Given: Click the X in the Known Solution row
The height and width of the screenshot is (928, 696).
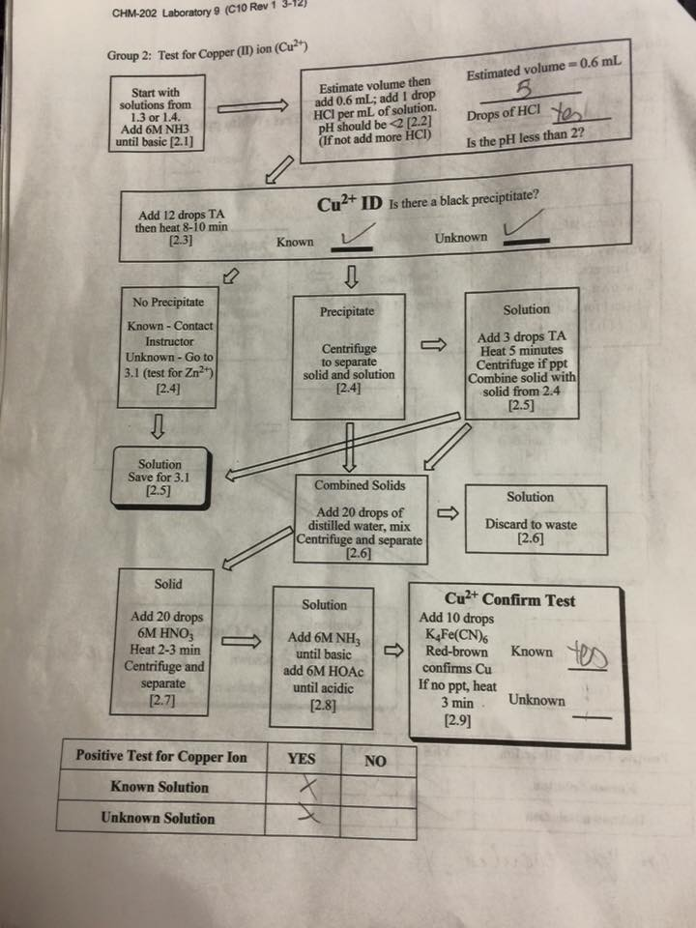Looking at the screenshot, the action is (307, 787).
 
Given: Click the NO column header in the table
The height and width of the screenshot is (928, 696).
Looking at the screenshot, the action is (375, 761).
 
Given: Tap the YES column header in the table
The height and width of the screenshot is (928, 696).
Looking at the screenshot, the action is (302, 758).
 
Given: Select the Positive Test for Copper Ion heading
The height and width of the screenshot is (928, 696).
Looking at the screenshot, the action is (161, 756).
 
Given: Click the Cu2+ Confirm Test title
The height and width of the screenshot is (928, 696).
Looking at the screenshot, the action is (509, 599).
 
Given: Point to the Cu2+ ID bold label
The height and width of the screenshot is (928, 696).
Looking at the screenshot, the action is (349, 204).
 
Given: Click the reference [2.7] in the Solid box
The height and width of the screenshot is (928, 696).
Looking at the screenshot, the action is (161, 701).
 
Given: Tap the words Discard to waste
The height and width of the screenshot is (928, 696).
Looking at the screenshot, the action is (531, 524).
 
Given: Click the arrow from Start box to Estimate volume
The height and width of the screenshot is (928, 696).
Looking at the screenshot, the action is (252, 107).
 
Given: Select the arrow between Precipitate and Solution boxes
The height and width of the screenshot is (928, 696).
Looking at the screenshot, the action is (434, 344).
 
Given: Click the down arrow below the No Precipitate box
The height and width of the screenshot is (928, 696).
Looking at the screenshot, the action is (158, 425).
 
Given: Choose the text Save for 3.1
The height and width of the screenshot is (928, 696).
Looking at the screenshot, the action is (159, 477).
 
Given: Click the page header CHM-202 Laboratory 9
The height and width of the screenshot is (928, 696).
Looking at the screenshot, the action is (209, 9).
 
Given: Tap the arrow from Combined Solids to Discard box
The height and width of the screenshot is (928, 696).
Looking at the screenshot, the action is (448, 512).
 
